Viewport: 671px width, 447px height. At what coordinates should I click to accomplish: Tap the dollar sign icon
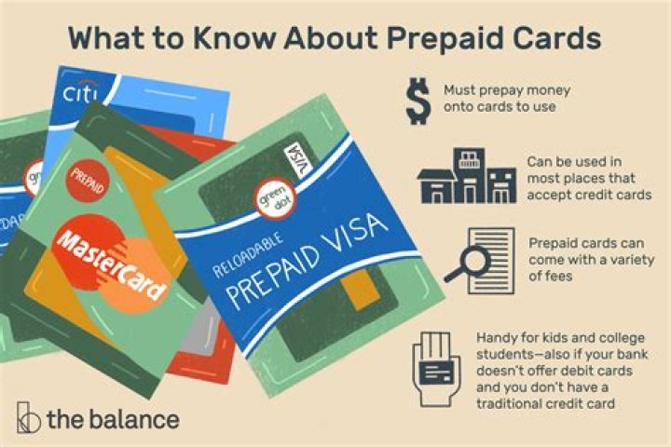[x=417, y=102]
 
